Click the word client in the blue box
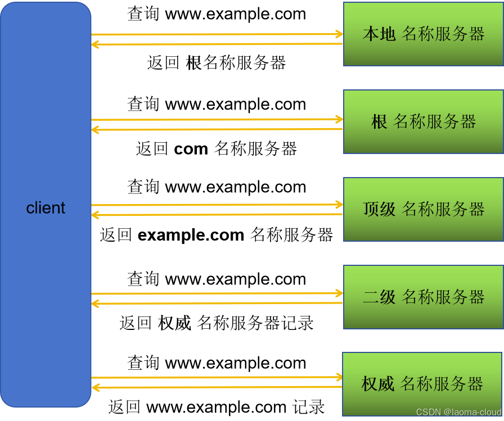point(46,208)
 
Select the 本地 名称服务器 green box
point(423,34)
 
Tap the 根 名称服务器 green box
point(423,121)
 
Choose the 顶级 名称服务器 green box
point(423,209)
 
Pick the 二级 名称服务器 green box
point(423,297)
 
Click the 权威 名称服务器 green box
point(422,384)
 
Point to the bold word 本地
point(379,34)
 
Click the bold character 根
point(379,121)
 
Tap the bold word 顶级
point(379,209)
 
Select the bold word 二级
point(379,297)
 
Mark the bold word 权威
point(377,384)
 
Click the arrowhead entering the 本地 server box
point(339,34)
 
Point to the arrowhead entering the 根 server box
point(339,119)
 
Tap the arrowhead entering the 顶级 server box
point(339,204)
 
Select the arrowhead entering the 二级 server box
point(339,293)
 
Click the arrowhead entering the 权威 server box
point(339,377)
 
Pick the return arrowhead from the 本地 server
point(96,44)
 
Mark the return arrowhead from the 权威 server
point(96,387)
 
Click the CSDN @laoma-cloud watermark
point(458,412)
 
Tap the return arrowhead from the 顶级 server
point(96,215)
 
